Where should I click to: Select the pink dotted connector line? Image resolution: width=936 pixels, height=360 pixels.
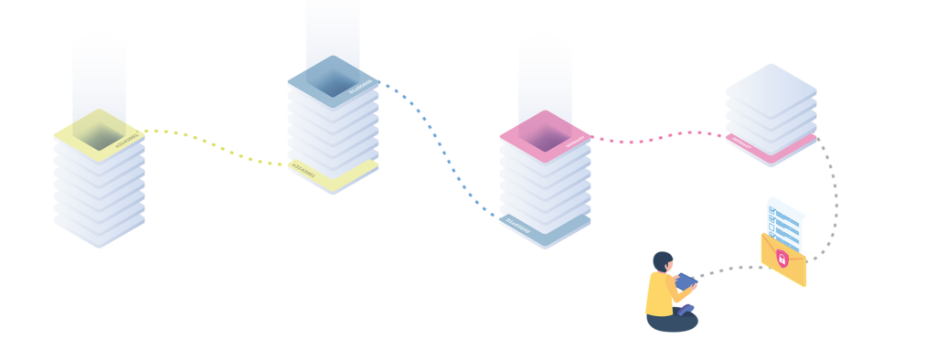(658, 138)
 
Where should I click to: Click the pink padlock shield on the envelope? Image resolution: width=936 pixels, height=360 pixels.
(782, 259)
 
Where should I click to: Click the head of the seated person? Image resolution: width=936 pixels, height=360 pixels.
(663, 262)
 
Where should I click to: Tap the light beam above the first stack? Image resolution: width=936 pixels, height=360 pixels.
(100, 73)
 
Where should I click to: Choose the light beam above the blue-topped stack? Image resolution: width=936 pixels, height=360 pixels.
(333, 32)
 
